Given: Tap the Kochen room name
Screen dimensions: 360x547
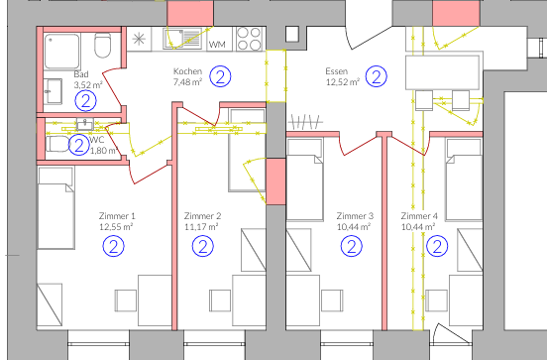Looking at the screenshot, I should click(188, 72).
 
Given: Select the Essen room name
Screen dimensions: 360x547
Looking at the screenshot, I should click(338, 72).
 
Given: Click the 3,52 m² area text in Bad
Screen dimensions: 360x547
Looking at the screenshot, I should click(88, 85).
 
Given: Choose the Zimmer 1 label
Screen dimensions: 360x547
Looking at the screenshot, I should click(116, 215).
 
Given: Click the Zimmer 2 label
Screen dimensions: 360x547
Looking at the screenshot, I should click(202, 215).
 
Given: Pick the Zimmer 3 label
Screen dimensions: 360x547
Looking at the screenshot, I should click(354, 215).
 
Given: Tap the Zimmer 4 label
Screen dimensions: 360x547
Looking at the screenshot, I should click(419, 215).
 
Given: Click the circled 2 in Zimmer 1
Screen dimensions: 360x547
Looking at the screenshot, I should click(116, 245).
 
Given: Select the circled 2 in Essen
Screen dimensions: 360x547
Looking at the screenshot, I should click(376, 75).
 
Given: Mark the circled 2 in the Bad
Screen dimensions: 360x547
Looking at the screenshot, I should click(87, 100).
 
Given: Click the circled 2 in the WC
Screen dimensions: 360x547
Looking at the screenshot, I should click(79, 145).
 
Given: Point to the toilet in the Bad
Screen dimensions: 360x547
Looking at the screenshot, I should click(101, 47).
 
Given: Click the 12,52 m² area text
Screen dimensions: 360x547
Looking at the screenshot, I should click(338, 83).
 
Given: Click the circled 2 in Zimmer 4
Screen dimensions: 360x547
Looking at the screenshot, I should click(434, 245).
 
